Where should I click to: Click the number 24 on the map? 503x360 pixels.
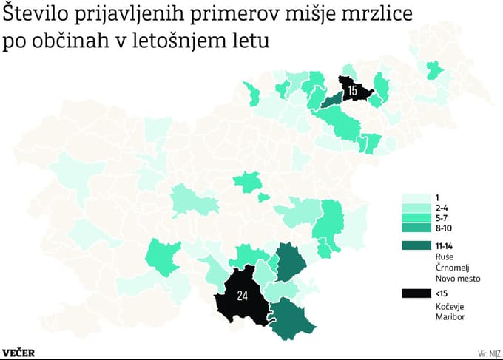pyautogui.click(x=243, y=296)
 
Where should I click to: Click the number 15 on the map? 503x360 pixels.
pyautogui.click(x=352, y=91)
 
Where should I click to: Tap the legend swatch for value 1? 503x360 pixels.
pyautogui.click(x=416, y=198)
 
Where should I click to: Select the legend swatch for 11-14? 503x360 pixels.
pyautogui.click(x=416, y=245)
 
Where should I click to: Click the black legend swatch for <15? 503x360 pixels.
pyautogui.click(x=416, y=293)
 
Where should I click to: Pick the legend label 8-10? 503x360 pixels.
pyautogui.click(x=446, y=230)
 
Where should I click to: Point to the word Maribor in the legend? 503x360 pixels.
pyautogui.click(x=452, y=316)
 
